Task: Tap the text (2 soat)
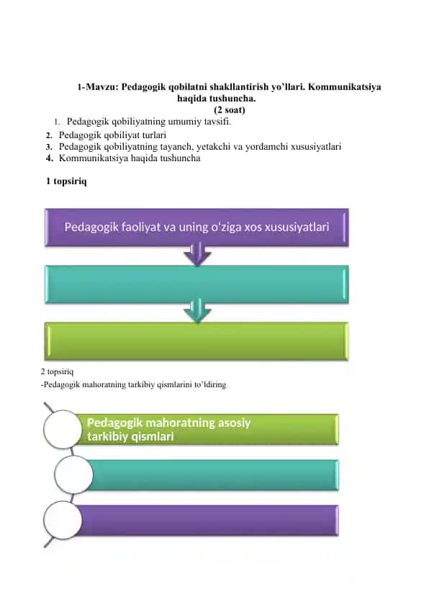pyautogui.click(x=230, y=110)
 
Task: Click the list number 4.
pyautogui.click(x=49, y=158)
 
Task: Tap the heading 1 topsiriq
pyautogui.click(x=66, y=181)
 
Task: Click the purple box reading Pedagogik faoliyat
pyautogui.click(x=197, y=227)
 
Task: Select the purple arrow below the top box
pyautogui.click(x=197, y=254)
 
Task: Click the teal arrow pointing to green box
pyautogui.click(x=197, y=310)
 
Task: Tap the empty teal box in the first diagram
pyautogui.click(x=197, y=284)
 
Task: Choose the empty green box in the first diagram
pyautogui.click(x=197, y=341)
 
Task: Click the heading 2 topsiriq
pyautogui.click(x=57, y=372)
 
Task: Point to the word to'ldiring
pyautogui.click(x=210, y=385)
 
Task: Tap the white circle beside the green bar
pyautogui.click(x=63, y=430)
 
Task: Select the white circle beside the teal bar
pyautogui.click(x=73, y=474)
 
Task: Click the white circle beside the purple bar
pyautogui.click(x=63, y=520)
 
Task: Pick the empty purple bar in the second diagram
pyautogui.click(x=209, y=520)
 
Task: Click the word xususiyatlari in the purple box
pyautogui.click(x=297, y=227)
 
